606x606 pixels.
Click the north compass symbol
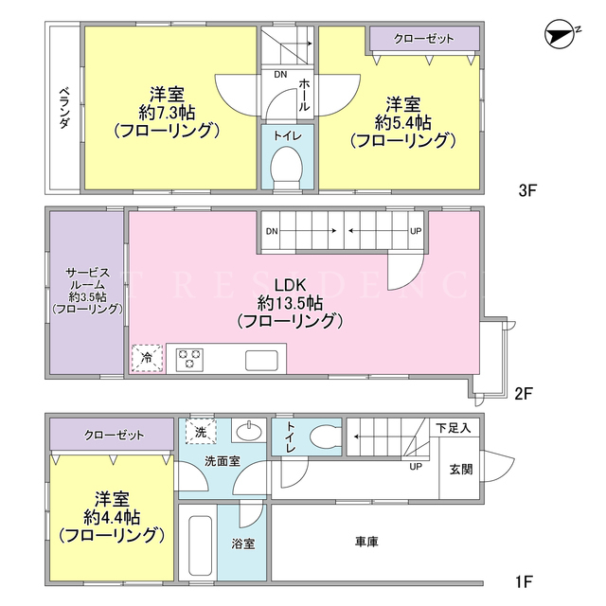click(561, 35)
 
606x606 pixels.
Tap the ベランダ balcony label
click(64, 108)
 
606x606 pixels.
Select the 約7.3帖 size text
click(167, 113)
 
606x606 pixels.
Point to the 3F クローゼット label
click(423, 39)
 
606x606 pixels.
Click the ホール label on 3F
click(304, 95)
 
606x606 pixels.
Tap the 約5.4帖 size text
click(403, 123)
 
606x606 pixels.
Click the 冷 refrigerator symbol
click(147, 358)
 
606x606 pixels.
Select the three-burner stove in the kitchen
click(189, 359)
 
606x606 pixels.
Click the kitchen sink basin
click(261, 360)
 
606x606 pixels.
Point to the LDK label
click(291, 285)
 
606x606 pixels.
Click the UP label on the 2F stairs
click(416, 231)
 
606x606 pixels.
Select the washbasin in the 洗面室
click(249, 432)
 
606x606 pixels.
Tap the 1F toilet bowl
click(326, 437)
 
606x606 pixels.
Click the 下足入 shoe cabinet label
click(454, 428)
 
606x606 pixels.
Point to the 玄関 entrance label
click(461, 470)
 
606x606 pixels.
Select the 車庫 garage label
click(366, 542)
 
